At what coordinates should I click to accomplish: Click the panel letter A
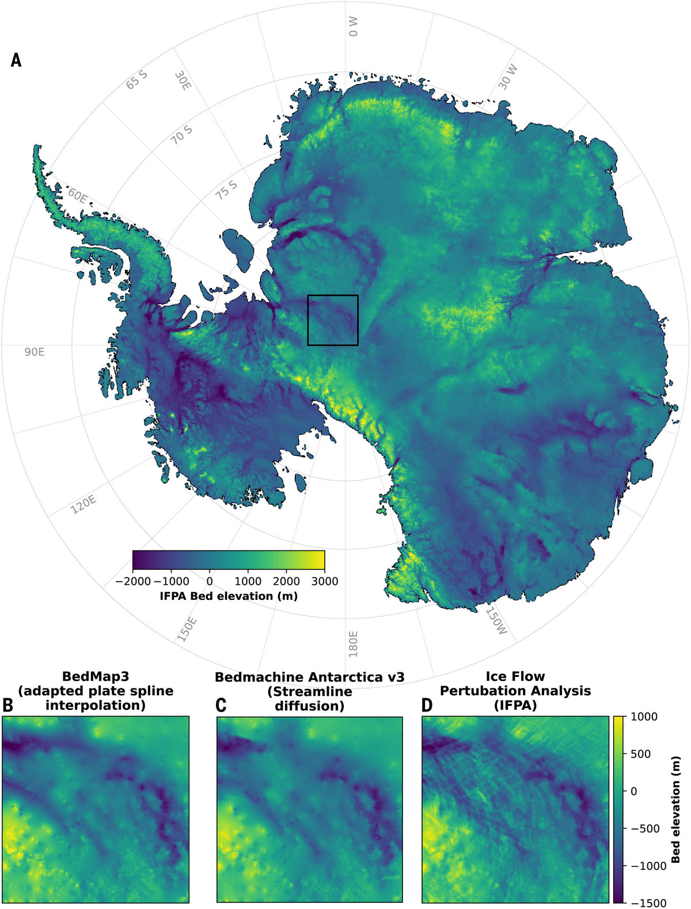point(16,60)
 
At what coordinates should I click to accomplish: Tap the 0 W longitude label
point(353,26)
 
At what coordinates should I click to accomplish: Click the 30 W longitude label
point(508,77)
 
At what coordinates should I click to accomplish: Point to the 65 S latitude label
point(137,80)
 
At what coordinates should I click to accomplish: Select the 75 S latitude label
point(227,189)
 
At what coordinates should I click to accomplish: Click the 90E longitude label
point(34,352)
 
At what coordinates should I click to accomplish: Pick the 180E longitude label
point(353,644)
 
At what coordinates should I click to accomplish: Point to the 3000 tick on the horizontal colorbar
point(325,581)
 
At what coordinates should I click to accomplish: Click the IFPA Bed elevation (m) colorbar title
point(229,596)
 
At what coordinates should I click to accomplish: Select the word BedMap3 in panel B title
point(96,676)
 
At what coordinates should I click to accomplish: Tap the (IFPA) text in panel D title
point(515,705)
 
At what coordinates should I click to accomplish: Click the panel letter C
point(221,705)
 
